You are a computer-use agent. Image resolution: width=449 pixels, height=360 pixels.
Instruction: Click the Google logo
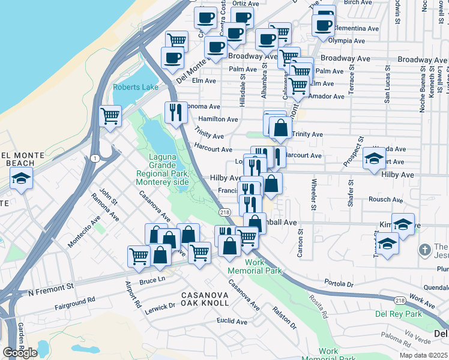coord(20,353)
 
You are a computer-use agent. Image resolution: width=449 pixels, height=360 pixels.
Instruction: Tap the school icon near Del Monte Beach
coord(22,178)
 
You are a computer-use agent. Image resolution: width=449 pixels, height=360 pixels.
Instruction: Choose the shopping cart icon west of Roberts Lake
coord(110,116)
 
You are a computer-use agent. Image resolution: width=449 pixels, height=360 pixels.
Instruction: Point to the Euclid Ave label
coord(232,322)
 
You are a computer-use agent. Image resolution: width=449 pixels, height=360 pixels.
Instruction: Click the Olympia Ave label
coord(346,41)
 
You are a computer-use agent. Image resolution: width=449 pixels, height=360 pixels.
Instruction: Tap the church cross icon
coord(425,249)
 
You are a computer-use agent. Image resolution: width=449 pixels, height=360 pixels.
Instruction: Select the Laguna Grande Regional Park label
coord(162,170)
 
